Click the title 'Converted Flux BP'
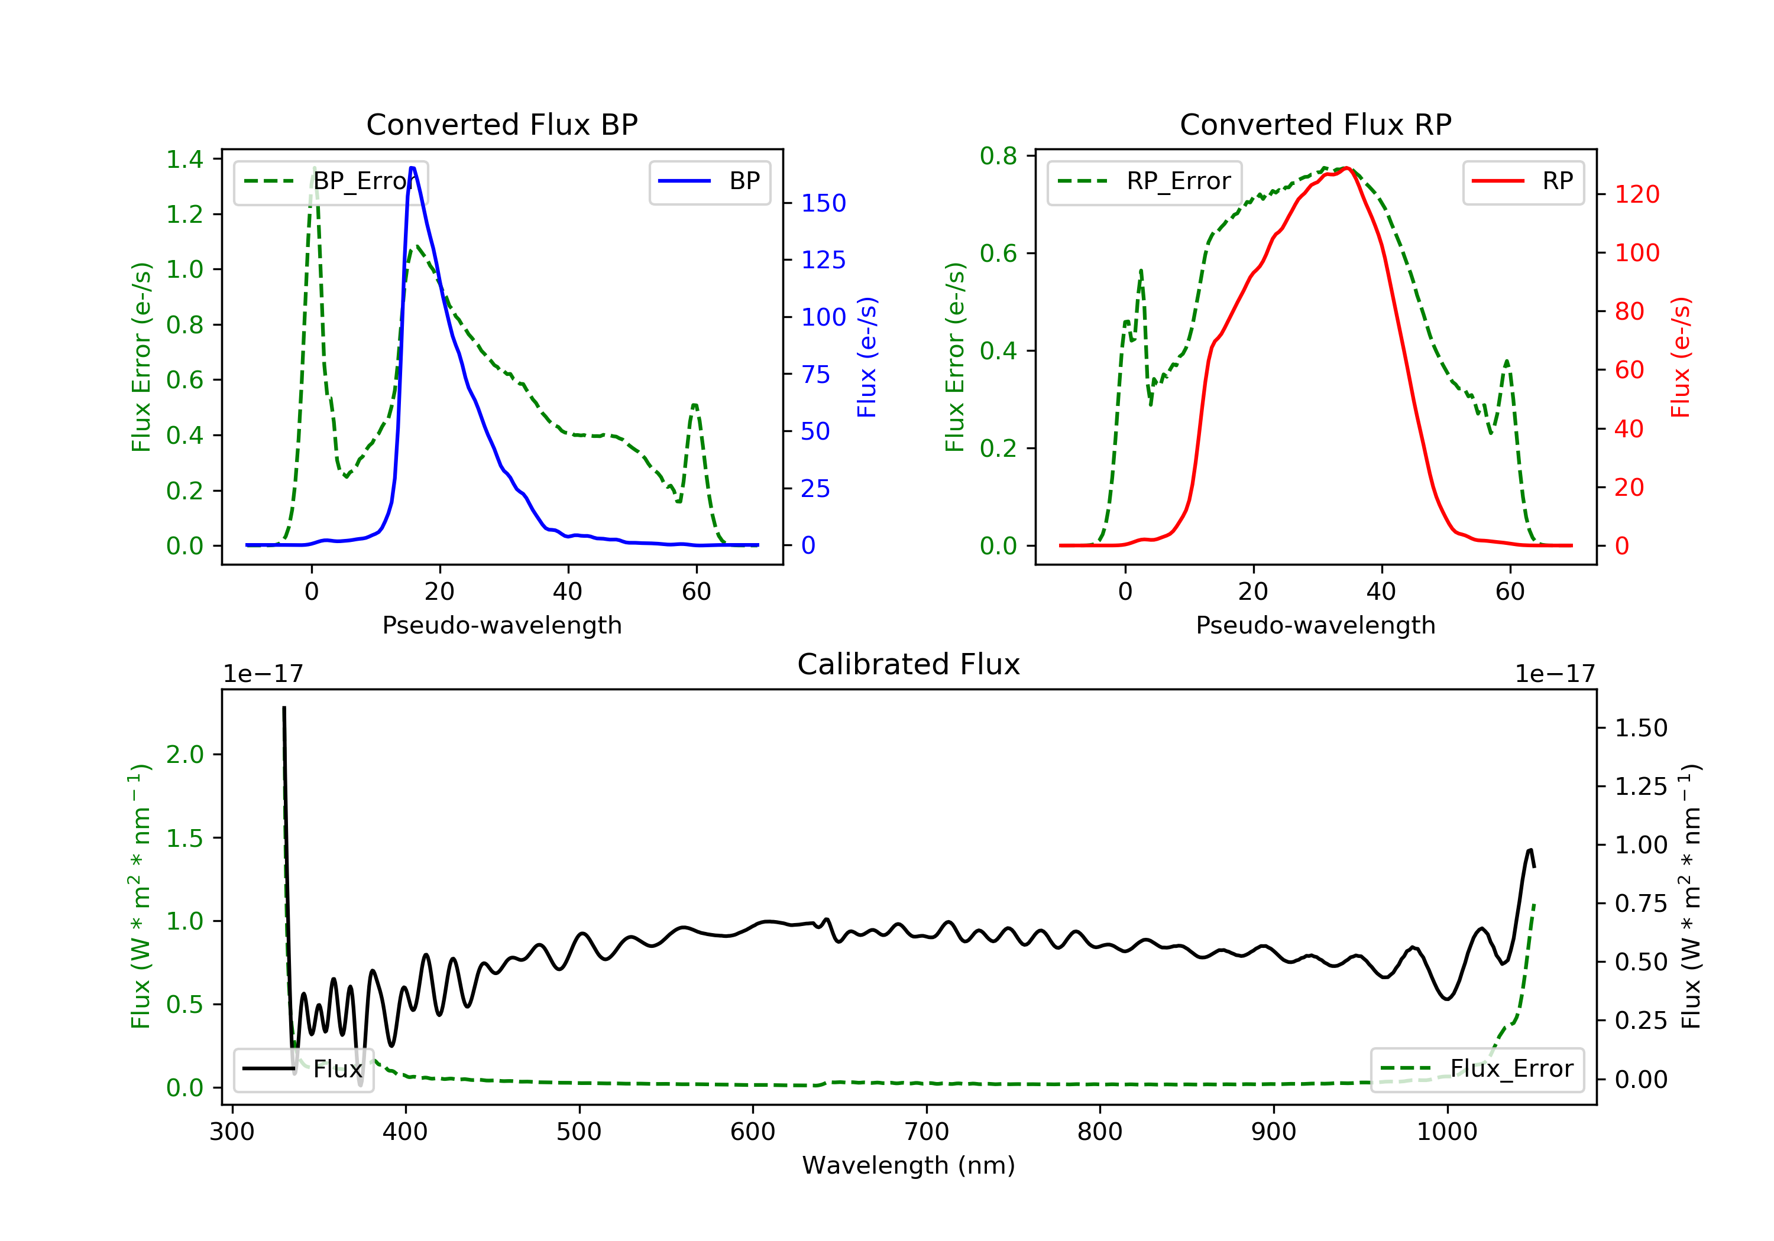pyautogui.click(x=501, y=124)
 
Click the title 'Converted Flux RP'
pyautogui.click(x=1315, y=124)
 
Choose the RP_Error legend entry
pyautogui.click(x=1144, y=181)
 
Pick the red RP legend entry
pyautogui.click(x=1523, y=181)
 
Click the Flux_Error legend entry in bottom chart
pyautogui.click(x=1477, y=1069)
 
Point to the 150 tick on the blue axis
pyautogui.click(x=823, y=203)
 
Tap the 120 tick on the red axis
pyautogui.click(x=1636, y=194)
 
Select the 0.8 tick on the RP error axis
pyautogui.click(x=998, y=156)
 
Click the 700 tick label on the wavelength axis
pyautogui.click(x=927, y=1132)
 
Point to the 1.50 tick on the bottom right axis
pyautogui.click(x=1640, y=727)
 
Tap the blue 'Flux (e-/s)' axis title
pyautogui.click(x=867, y=357)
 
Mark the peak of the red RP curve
pyautogui.click(x=1346, y=168)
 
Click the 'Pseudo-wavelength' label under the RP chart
pyautogui.click(x=1315, y=625)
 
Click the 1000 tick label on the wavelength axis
pyautogui.click(x=1446, y=1132)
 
